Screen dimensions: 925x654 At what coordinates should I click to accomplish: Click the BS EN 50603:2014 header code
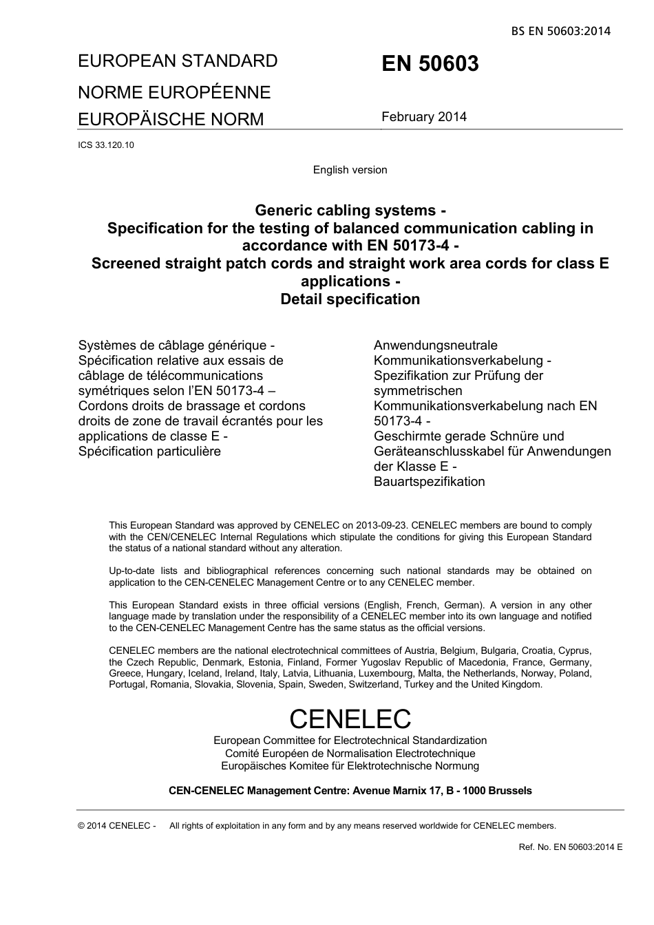pos(560,31)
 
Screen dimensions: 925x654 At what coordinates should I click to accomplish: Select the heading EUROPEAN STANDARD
pos(178,61)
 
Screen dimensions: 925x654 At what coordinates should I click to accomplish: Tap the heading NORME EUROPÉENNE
pos(174,92)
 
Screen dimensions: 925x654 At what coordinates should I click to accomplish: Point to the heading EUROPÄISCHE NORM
pos(171,119)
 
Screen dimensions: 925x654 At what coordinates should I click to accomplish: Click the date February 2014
pos(424,117)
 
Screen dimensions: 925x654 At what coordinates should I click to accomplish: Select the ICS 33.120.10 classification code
pos(106,145)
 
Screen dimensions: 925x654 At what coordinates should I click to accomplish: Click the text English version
pos(350,170)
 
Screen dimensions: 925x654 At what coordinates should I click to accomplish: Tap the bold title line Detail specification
pos(350,299)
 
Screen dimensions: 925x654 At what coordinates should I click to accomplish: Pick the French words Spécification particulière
pos(149,451)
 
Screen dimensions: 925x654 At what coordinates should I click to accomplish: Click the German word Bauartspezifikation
pos(429,482)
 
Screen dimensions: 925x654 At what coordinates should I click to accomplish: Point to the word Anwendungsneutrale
pos(435,345)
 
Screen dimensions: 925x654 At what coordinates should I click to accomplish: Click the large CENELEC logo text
pos(350,719)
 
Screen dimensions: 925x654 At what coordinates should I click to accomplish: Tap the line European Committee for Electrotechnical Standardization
pos(350,741)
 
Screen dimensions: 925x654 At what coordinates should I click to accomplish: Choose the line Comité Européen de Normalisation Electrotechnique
pos(350,754)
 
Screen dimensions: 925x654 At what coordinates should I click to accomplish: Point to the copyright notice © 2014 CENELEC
pos(117,826)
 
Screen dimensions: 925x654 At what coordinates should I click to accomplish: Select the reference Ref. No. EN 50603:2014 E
pos(570,847)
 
